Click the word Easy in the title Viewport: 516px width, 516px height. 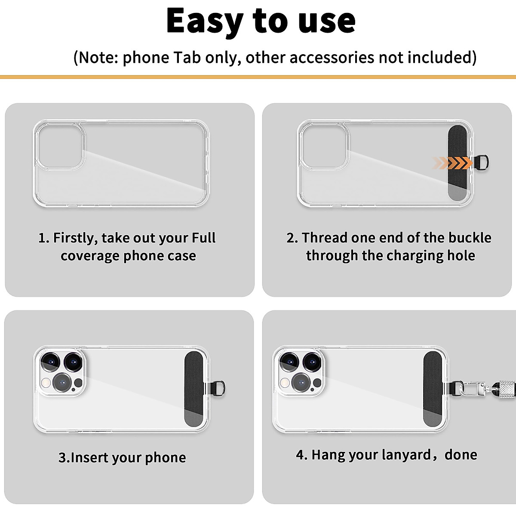(x=204, y=21)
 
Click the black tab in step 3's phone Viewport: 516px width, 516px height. (x=194, y=390)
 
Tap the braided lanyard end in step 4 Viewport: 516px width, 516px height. (x=505, y=389)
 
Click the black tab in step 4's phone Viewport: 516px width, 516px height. (x=433, y=389)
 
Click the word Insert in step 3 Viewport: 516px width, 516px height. (x=89, y=458)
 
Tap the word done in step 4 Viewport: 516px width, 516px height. (x=461, y=455)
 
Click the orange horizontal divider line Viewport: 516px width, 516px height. (x=258, y=77)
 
